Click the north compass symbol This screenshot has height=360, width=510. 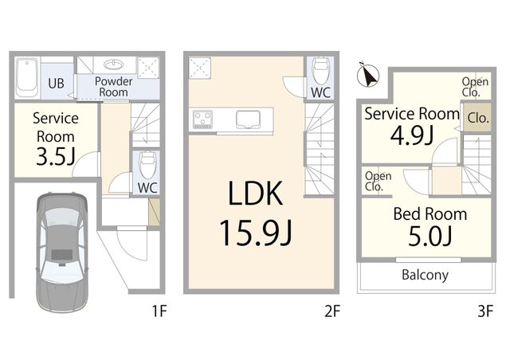tap(368, 75)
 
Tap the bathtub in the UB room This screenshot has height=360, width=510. tap(27, 78)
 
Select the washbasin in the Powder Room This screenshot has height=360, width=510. tap(114, 65)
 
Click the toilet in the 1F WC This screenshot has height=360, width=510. tap(147, 165)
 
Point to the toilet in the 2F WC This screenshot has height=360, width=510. tap(320, 72)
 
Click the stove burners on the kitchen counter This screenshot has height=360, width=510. tap(202, 119)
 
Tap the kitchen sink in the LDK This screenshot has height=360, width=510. tap(248, 119)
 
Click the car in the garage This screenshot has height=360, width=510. tap(61, 252)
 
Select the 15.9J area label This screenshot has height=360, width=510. tap(256, 233)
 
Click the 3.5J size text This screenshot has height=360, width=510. tap(56, 156)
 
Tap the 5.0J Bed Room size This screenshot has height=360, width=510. tap(430, 237)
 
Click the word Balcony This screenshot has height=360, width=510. tap(425, 275)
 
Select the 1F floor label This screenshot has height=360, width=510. tap(159, 311)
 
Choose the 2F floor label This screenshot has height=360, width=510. tap(332, 311)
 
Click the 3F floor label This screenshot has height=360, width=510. tap(485, 311)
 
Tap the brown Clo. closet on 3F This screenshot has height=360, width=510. tap(478, 118)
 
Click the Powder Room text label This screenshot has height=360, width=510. tap(113, 87)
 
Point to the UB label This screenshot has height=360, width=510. tap(56, 84)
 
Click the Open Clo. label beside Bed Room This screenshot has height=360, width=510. tap(378, 181)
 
